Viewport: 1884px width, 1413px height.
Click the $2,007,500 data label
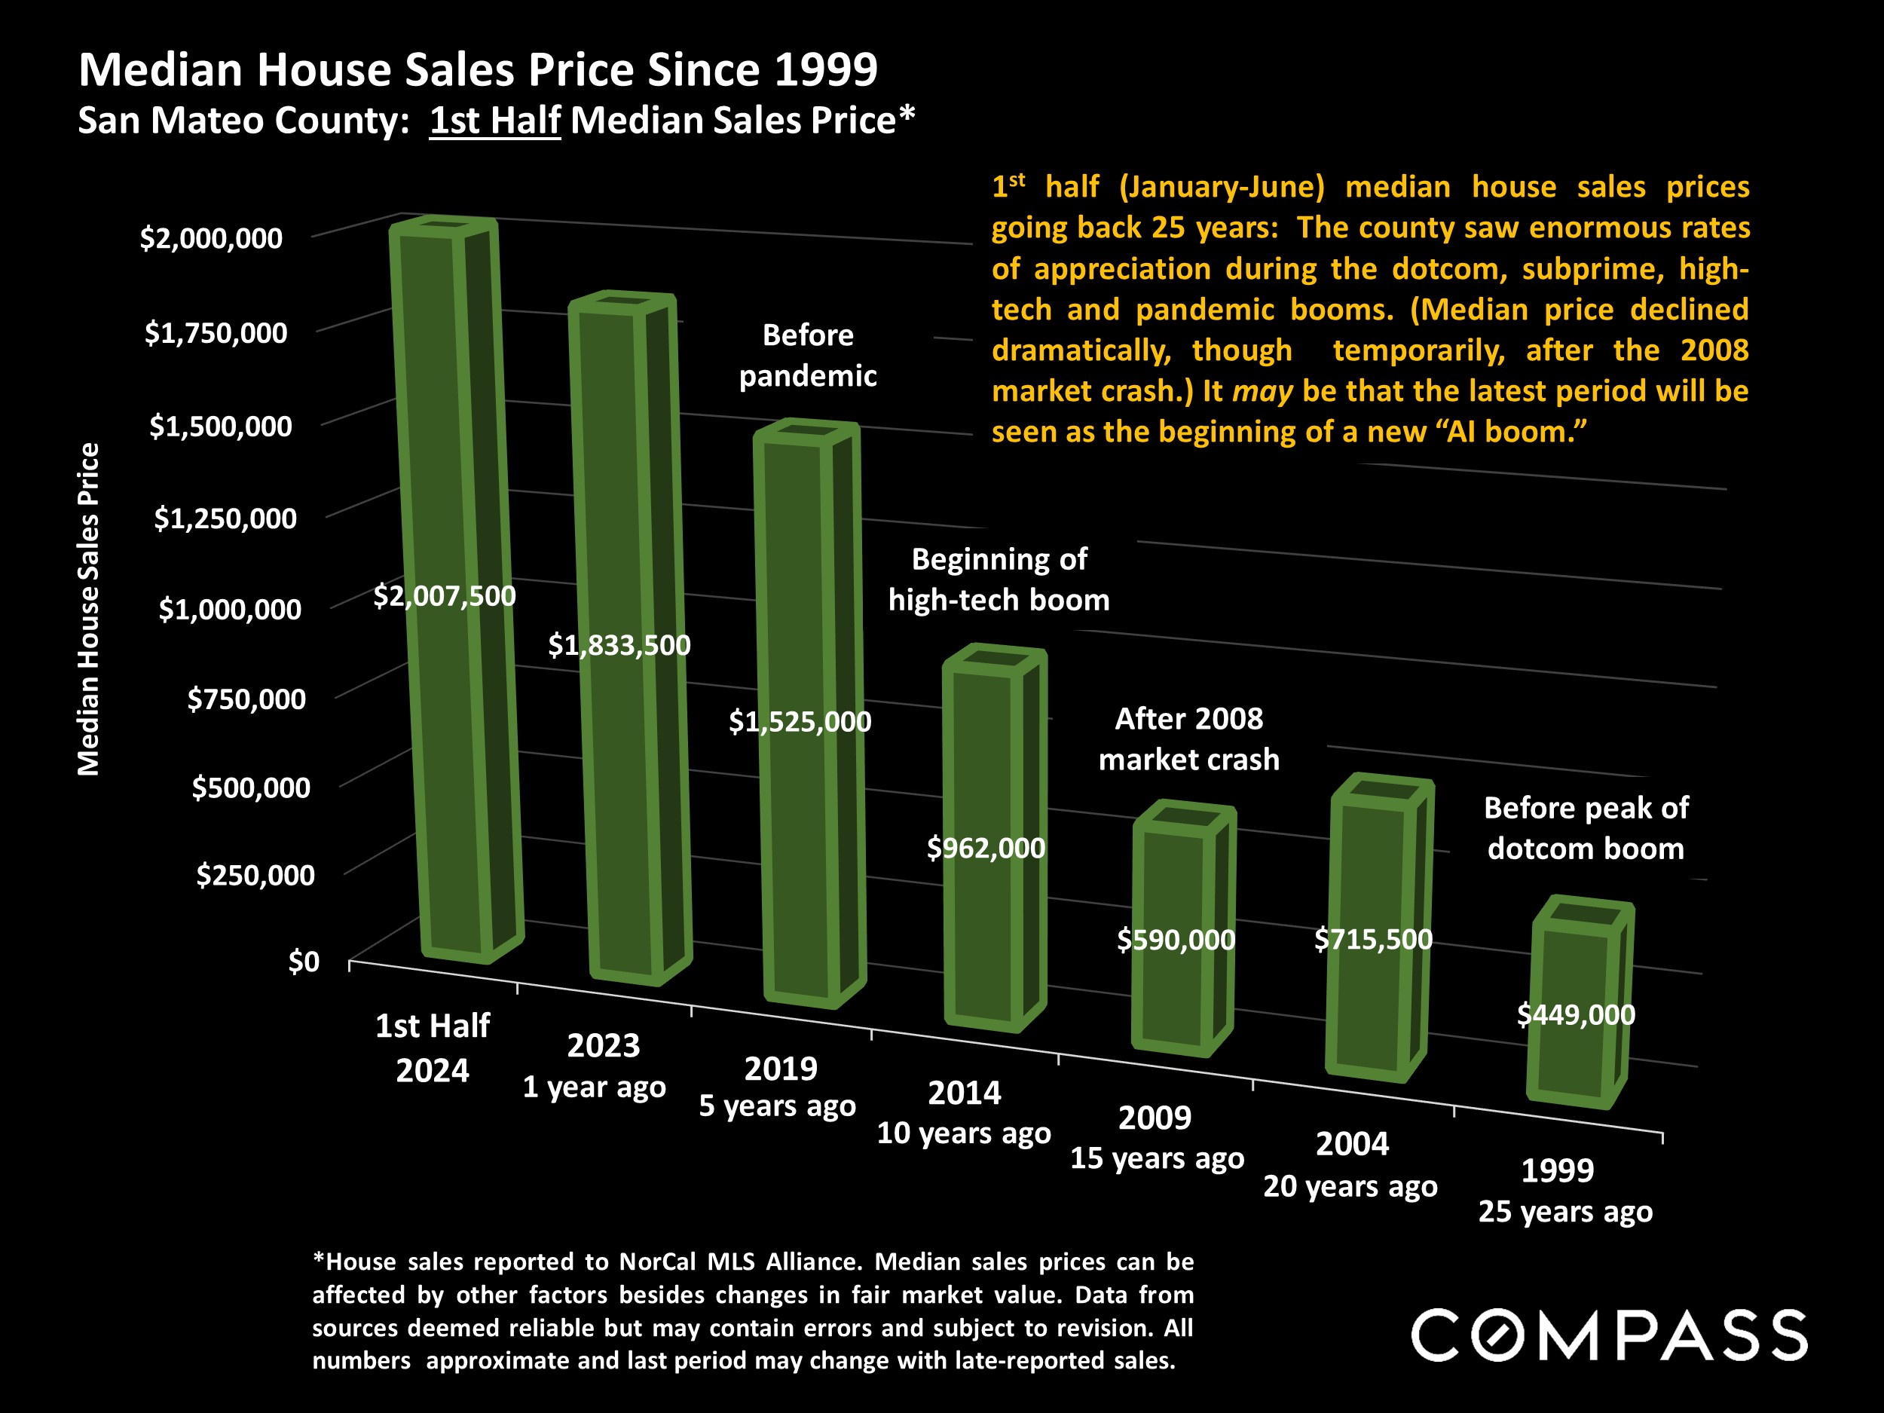pos(445,596)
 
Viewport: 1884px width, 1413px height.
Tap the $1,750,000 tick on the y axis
pos(216,332)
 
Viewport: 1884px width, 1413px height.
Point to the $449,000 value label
pos(1576,1014)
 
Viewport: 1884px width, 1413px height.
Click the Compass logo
pos(1609,1335)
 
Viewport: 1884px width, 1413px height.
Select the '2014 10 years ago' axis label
pos(964,1112)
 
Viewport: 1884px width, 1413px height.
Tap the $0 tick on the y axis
pos(304,962)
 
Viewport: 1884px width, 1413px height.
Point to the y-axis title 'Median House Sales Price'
pos(89,609)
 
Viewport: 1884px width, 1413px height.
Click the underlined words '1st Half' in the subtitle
pos(495,120)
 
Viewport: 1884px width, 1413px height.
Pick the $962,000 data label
pos(986,849)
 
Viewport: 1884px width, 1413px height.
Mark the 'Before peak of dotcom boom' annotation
pos(1586,828)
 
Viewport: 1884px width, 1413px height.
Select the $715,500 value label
pos(1373,940)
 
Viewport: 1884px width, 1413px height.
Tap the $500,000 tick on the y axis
pos(251,788)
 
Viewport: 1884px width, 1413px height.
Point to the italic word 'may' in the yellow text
pos(1262,391)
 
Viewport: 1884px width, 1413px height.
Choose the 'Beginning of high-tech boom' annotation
pos(999,580)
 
